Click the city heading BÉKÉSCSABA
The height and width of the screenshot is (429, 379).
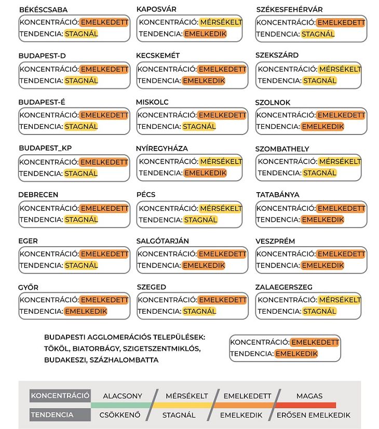[x=43, y=10]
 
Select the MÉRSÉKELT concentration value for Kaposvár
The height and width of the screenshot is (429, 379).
[x=221, y=22]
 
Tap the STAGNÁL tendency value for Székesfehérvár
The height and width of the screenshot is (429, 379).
[x=318, y=34]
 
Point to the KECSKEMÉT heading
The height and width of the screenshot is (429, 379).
[x=158, y=56]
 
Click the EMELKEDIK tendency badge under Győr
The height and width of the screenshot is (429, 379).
[x=86, y=312]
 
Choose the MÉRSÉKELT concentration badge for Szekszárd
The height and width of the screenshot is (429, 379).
[x=340, y=69]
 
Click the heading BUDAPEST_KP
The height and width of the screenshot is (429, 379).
[x=45, y=148]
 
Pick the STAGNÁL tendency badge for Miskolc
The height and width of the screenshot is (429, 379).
[x=199, y=126]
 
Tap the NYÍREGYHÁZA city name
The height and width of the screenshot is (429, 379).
[x=162, y=149]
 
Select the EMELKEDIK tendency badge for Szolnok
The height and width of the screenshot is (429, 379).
[x=322, y=126]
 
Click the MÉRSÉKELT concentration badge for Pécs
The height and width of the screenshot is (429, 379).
[x=221, y=208]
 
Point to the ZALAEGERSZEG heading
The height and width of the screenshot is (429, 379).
[x=284, y=287]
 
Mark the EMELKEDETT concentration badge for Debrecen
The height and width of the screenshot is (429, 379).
[x=104, y=208]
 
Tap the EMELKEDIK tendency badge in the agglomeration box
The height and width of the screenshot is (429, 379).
[x=296, y=354]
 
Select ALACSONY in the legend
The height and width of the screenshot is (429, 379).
[x=123, y=396]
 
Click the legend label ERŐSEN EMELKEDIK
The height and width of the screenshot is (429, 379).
[x=313, y=415]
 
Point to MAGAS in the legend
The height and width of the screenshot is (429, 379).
[x=309, y=396]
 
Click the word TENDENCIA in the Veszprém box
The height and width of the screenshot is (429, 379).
[x=278, y=265]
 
